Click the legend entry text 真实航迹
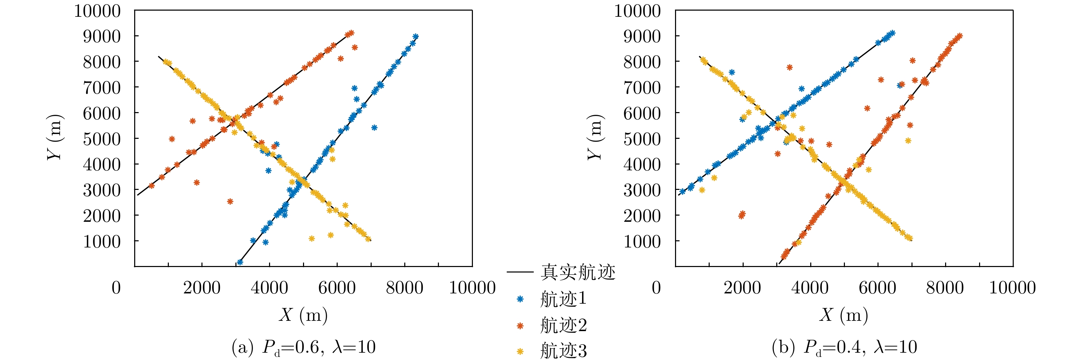[578, 273]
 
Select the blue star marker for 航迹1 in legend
[520, 299]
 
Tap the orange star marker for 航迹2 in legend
[520, 326]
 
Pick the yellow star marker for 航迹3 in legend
[520, 351]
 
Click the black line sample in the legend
[520, 272]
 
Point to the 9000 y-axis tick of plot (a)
[102, 36]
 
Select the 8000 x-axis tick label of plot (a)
[405, 288]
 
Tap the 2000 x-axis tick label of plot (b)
[742, 288]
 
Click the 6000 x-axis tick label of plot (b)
[877, 288]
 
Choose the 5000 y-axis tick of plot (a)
[102, 139]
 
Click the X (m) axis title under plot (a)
[303, 315]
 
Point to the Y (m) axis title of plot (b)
[595, 137]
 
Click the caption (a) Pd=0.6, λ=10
[303, 348]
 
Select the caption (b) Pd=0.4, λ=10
[844, 348]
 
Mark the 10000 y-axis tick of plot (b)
[637, 11]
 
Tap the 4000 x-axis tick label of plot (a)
[269, 288]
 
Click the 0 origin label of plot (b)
[656, 288]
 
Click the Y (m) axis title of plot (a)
[55, 137]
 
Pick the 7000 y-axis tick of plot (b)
[642, 88]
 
